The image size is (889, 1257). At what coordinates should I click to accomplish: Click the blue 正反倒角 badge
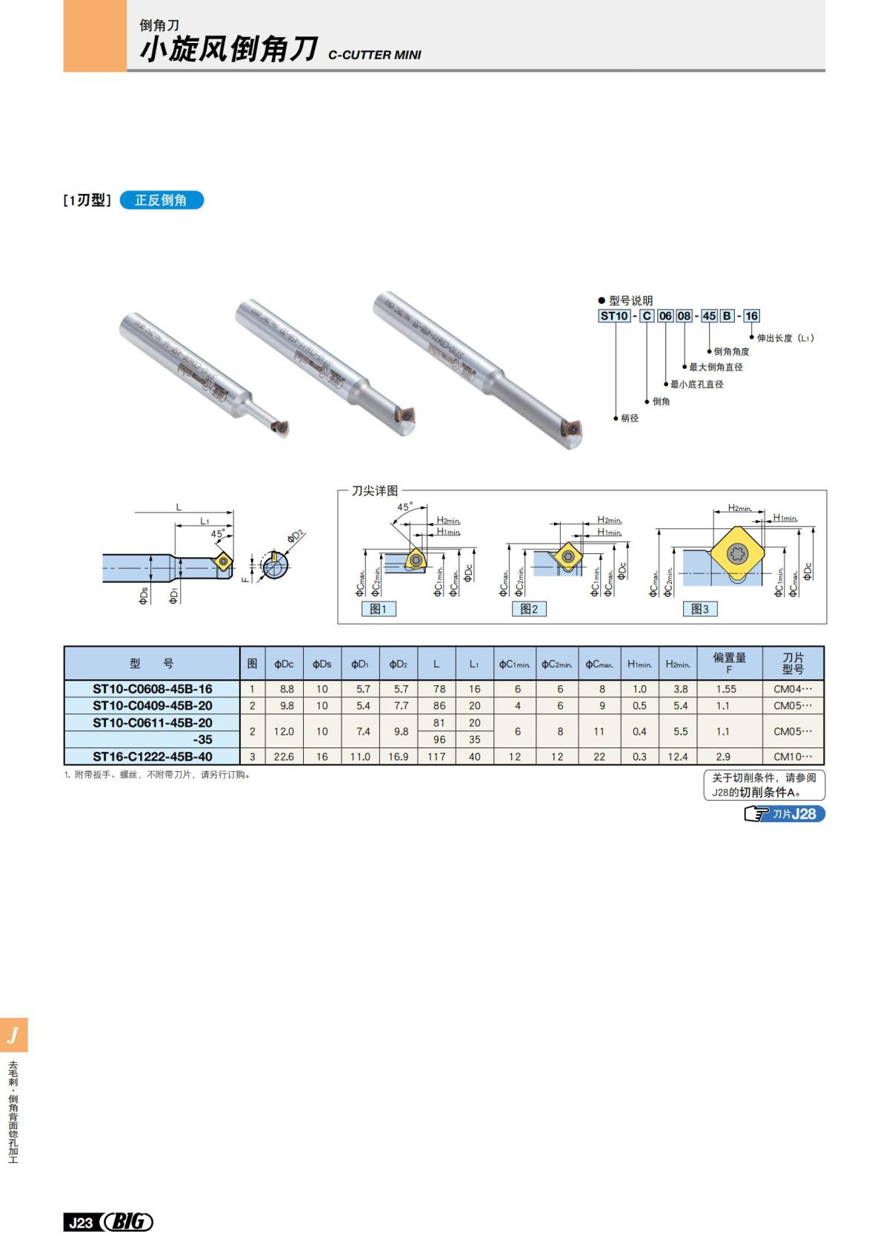(161, 200)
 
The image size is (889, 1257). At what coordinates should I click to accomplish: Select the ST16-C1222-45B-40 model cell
(152, 756)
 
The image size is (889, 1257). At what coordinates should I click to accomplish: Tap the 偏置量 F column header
(729, 663)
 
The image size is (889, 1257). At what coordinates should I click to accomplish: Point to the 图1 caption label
(378, 609)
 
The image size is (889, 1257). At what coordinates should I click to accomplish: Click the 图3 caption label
(699, 609)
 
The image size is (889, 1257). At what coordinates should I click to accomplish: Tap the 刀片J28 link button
(785, 814)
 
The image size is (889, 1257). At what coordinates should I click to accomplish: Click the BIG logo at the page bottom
(127, 1221)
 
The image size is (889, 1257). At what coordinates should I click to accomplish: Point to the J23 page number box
(80, 1222)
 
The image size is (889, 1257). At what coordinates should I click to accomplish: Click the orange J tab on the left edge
(13, 1035)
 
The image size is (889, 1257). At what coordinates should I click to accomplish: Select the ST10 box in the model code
(614, 316)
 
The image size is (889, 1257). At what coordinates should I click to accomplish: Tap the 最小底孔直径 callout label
(696, 384)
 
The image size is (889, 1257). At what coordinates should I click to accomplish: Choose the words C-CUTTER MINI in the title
(374, 55)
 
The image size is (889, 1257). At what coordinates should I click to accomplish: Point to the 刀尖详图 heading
(374, 490)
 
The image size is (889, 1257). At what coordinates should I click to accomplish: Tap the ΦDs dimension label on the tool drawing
(144, 595)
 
